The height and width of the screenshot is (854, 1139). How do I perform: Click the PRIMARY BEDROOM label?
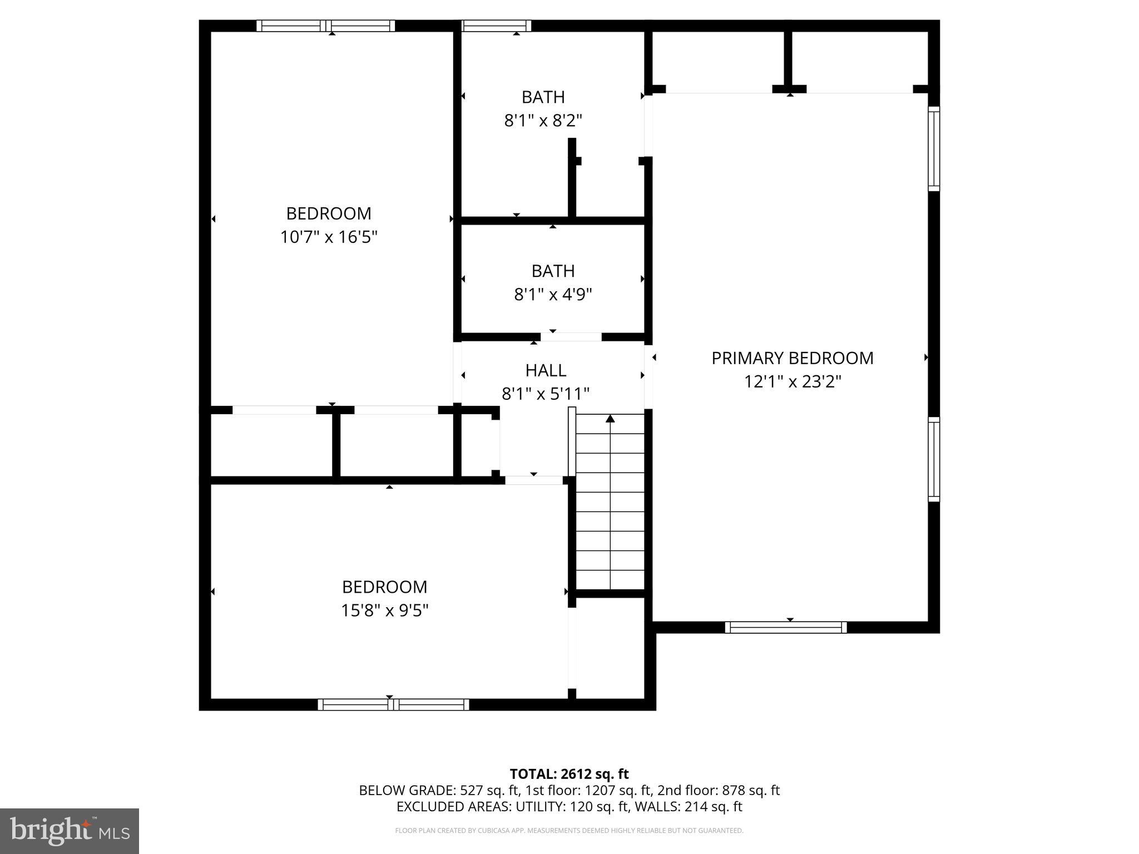click(793, 358)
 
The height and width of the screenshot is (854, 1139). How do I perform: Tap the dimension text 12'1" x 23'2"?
click(793, 382)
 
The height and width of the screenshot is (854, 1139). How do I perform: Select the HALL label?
click(546, 370)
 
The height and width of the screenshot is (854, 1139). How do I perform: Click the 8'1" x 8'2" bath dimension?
click(543, 121)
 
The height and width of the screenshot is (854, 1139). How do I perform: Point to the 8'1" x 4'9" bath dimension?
click(553, 295)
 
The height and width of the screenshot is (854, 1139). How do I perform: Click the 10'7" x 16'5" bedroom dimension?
click(329, 237)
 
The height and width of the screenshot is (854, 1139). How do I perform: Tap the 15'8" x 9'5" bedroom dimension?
click(384, 611)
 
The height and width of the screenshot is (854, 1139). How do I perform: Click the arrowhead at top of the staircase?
click(610, 418)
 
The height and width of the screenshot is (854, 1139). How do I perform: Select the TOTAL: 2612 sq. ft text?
click(569, 774)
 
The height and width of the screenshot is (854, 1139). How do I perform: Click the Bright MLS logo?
click(70, 831)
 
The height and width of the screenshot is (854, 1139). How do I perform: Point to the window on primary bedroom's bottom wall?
click(786, 628)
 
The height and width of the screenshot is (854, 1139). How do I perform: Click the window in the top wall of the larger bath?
click(496, 26)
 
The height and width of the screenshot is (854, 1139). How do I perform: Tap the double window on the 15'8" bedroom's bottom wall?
click(393, 704)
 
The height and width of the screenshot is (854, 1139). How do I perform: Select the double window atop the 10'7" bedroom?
click(326, 26)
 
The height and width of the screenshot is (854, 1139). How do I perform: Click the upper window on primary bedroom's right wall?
click(934, 148)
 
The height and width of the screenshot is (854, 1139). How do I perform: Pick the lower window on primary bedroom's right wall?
click(934, 459)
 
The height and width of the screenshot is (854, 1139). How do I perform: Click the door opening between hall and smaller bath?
click(571, 337)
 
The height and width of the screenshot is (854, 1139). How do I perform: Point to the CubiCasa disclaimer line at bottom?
click(569, 831)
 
